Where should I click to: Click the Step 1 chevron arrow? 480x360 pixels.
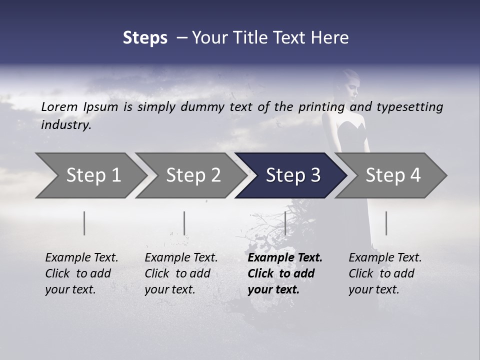pyautogui.click(x=90, y=175)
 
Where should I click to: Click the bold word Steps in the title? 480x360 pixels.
pyautogui.click(x=145, y=38)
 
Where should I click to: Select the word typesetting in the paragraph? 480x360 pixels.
pyautogui.click(x=409, y=106)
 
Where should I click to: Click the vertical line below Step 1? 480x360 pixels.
pyautogui.click(x=84, y=223)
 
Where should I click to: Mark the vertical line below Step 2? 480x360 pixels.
pyautogui.click(x=184, y=223)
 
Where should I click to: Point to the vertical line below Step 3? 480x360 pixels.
pyautogui.click(x=285, y=223)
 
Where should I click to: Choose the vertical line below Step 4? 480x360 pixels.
pyautogui.click(x=386, y=223)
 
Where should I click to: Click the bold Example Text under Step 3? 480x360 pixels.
pyautogui.click(x=285, y=258)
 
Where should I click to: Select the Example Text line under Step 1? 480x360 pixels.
pyautogui.click(x=81, y=258)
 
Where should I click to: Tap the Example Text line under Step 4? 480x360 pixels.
pyautogui.click(x=385, y=258)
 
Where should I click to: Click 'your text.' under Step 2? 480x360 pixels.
pyautogui.click(x=170, y=289)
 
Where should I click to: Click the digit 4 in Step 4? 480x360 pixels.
pyautogui.click(x=414, y=175)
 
